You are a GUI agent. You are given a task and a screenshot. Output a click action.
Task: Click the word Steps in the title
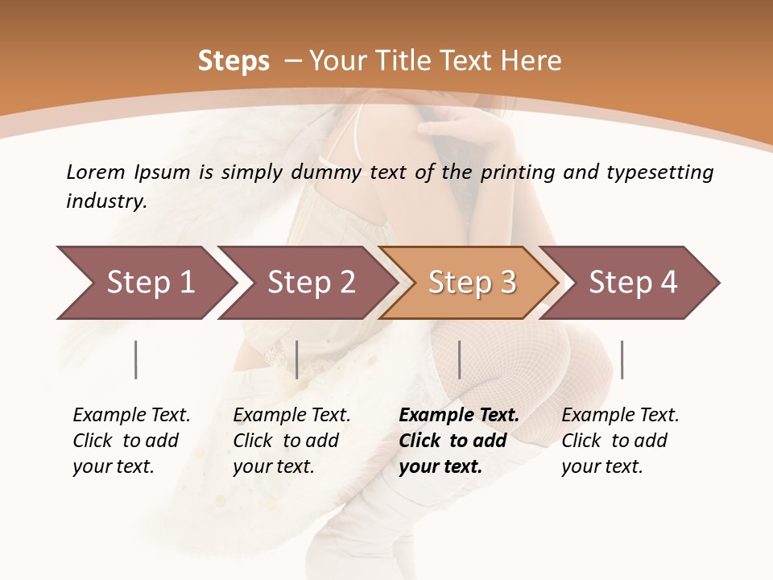(x=234, y=61)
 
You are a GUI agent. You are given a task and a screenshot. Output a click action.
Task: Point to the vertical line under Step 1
(x=136, y=359)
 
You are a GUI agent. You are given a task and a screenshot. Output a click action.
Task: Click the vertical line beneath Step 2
(x=297, y=359)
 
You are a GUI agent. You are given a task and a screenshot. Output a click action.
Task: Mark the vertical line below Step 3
(x=459, y=359)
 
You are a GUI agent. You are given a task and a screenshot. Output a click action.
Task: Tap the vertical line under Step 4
(x=622, y=359)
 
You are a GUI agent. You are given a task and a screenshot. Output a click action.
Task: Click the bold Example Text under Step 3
(x=459, y=441)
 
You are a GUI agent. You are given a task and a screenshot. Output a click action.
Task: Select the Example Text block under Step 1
(x=131, y=441)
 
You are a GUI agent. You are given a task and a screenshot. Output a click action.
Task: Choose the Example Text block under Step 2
(x=291, y=441)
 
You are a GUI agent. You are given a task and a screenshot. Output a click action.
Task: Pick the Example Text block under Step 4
(x=620, y=441)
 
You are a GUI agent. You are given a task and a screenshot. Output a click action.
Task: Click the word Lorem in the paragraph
(x=95, y=172)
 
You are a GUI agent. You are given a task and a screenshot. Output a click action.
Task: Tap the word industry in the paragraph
(x=106, y=201)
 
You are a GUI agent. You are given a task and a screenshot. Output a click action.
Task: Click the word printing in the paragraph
(x=515, y=172)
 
